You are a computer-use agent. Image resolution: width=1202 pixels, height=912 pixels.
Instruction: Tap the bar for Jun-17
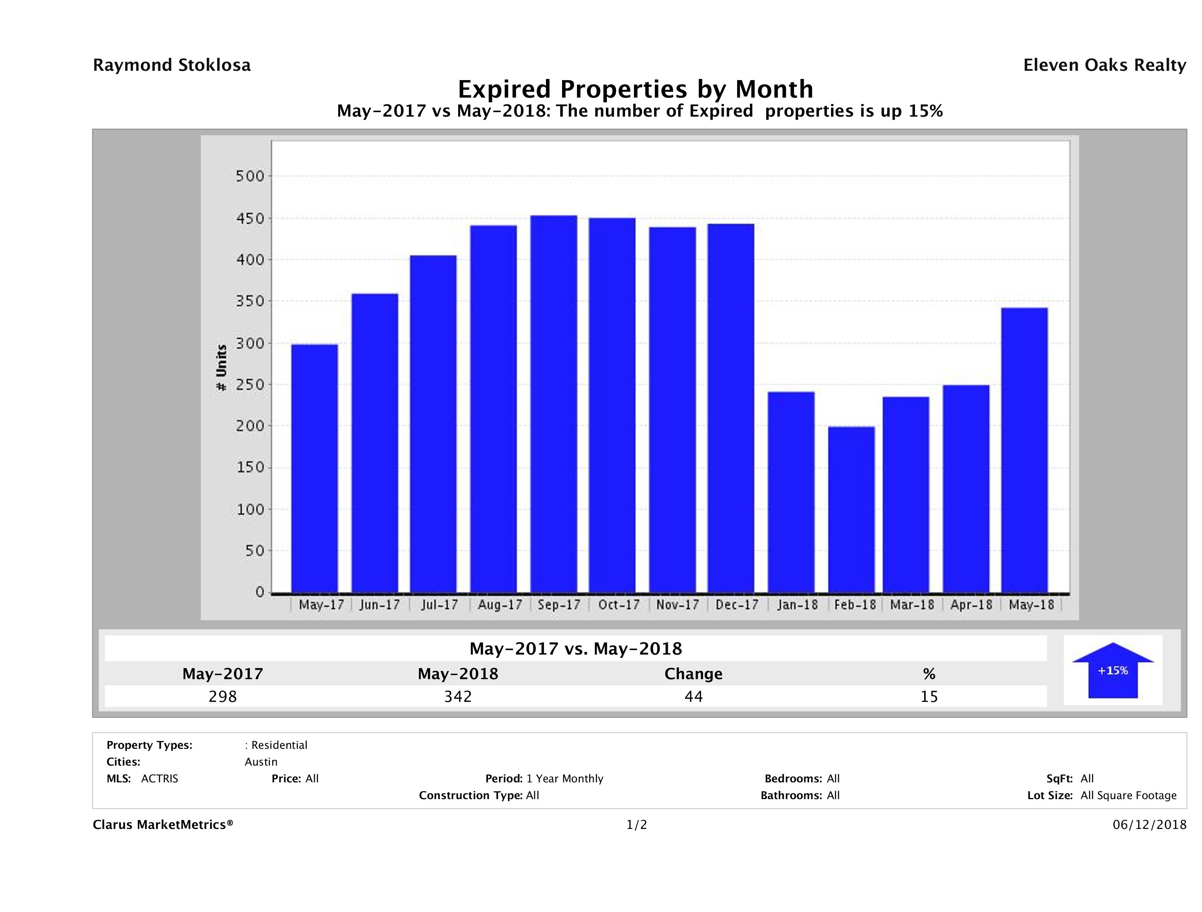coord(375,443)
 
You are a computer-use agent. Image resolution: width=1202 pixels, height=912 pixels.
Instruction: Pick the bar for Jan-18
coord(791,492)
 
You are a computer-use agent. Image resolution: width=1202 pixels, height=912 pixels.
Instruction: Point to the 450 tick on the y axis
coord(250,218)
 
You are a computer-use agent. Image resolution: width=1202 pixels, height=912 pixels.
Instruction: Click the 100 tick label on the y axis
coord(250,509)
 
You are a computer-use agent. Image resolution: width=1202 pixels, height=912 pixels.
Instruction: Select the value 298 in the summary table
coord(223,696)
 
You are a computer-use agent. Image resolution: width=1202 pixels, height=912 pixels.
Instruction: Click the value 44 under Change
coord(694,696)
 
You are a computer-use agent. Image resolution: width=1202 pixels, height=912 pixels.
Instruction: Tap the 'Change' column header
coord(694,674)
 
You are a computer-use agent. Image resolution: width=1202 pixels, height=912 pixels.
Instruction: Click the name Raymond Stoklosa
coord(172,65)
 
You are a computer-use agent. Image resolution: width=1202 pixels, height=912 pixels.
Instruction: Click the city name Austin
coord(261,762)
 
